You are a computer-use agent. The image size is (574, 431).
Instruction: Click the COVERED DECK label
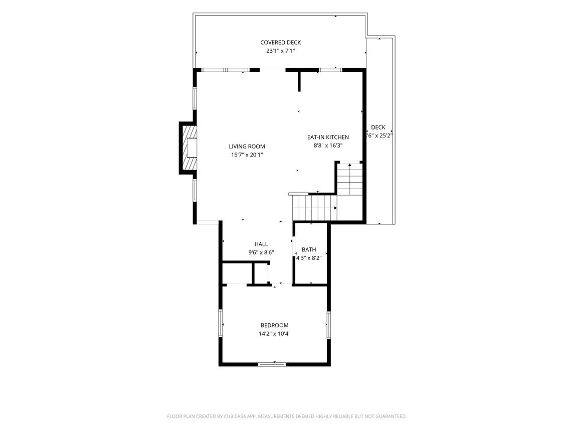[280, 43]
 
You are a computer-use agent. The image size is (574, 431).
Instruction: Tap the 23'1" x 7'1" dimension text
[280, 51]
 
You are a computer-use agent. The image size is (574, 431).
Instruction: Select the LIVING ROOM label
[247, 147]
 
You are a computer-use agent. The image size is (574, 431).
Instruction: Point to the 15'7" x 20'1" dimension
[247, 155]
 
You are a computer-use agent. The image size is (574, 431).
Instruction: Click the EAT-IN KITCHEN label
[328, 137]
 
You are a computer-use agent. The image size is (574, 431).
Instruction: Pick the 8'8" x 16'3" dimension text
[328, 146]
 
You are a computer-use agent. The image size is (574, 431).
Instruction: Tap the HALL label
[261, 244]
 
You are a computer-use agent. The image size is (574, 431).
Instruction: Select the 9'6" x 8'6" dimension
[261, 252]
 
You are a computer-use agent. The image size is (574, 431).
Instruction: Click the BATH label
[309, 249]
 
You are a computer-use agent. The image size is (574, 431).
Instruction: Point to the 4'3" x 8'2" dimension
[309, 258]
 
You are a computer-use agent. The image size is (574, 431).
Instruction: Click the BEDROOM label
[274, 326]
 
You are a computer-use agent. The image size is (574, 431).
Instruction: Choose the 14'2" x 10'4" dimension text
[274, 334]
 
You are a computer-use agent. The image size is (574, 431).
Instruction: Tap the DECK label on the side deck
[378, 127]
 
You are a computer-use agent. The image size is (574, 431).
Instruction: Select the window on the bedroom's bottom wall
[272, 364]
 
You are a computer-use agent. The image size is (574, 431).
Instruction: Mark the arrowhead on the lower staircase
[335, 208]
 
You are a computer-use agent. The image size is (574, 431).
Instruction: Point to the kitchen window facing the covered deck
[330, 70]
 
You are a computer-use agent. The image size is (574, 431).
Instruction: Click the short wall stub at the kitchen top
[299, 81]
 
